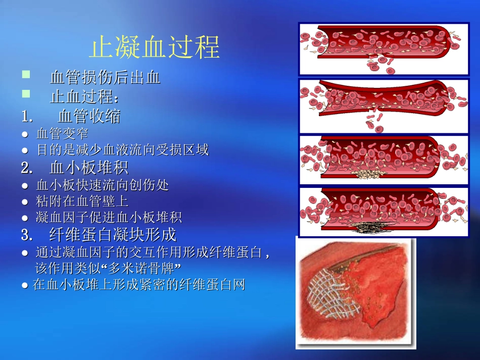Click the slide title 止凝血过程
(x=154, y=47)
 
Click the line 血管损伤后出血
(x=105, y=77)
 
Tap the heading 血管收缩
(x=89, y=116)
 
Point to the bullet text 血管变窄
(x=62, y=134)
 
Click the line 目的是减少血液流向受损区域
(x=122, y=150)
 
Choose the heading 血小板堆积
(x=89, y=168)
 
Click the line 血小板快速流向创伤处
(x=103, y=185)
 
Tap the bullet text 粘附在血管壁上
(x=82, y=201)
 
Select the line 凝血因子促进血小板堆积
(x=109, y=218)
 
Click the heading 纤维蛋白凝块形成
(x=113, y=235)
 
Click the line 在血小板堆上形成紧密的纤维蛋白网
(x=138, y=285)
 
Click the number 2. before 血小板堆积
(x=27, y=168)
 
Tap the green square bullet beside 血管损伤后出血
(x=26, y=75)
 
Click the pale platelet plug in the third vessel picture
(x=372, y=175)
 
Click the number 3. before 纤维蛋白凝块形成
(x=27, y=235)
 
